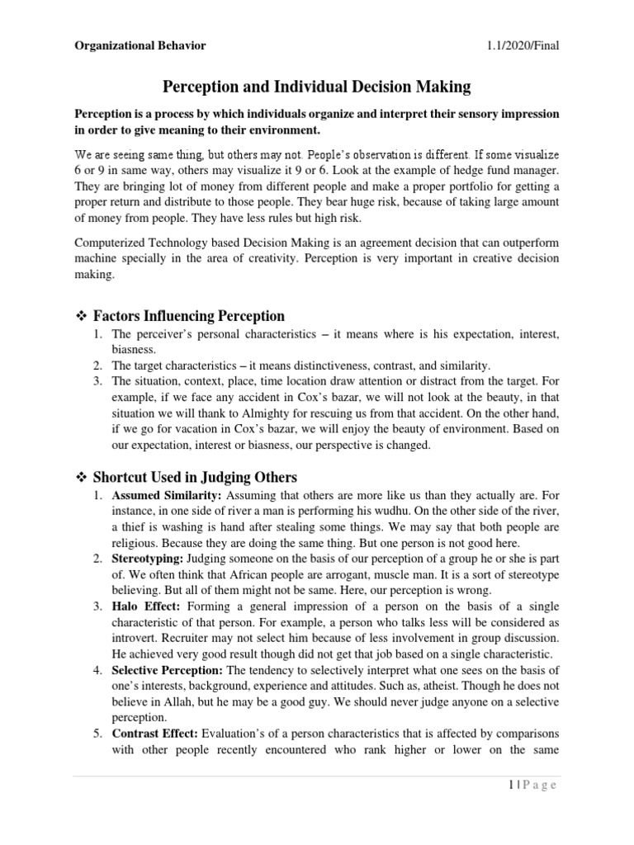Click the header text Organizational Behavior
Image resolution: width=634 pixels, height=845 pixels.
pyautogui.click(x=140, y=45)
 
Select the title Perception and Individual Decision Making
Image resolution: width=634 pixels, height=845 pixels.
pyautogui.click(x=317, y=85)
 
